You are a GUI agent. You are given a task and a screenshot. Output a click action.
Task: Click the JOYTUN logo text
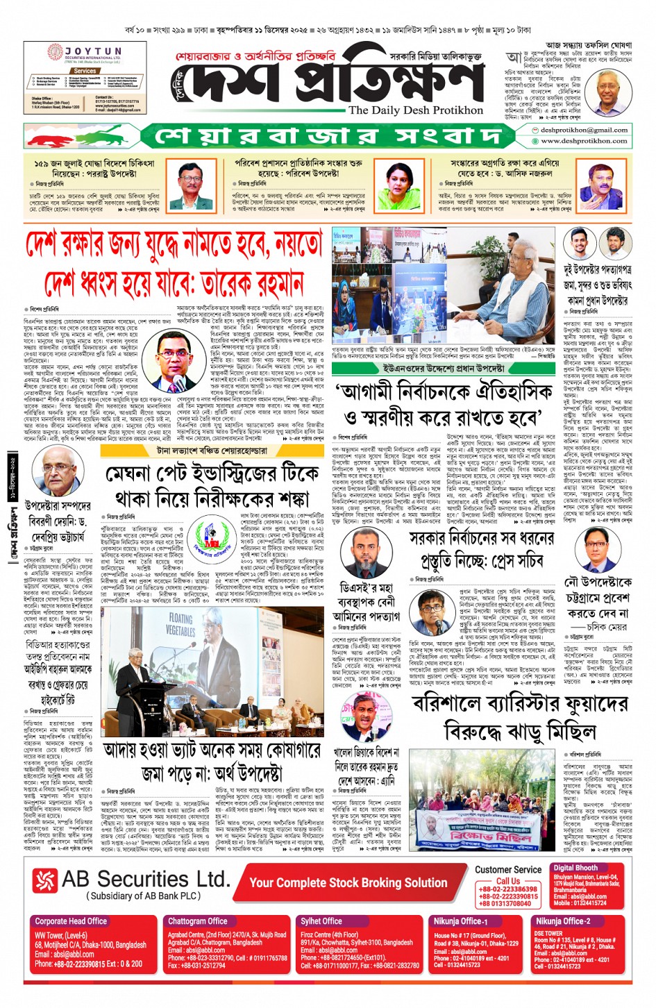pos(94,51)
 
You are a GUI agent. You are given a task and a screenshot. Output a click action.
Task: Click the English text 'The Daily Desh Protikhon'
pos(415,110)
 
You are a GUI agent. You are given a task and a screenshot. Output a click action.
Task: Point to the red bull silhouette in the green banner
pos(56,135)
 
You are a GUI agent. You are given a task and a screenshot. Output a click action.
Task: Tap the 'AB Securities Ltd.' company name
pos(145,880)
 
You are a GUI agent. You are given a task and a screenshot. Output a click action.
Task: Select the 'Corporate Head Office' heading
pos(71,921)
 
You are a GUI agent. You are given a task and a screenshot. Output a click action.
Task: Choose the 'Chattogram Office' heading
pos(197,921)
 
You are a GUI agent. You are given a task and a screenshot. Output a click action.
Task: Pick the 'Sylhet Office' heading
pos(321,921)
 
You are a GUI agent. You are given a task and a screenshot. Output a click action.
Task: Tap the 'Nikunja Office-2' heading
pos(562,921)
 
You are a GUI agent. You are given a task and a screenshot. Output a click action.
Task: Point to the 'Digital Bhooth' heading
pos(575,868)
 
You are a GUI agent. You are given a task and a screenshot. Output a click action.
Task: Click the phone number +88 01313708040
pos(505,904)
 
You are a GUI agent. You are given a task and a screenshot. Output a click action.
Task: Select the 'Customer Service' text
pos(507,869)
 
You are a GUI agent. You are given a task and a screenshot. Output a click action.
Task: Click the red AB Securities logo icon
pos(45,881)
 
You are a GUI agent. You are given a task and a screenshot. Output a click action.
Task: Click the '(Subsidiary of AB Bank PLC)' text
pos(143,896)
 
